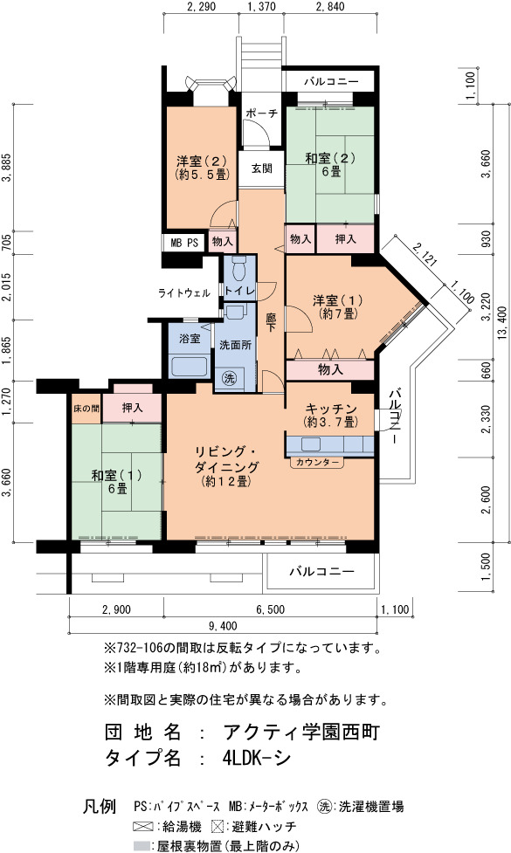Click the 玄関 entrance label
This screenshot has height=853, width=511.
(262, 169)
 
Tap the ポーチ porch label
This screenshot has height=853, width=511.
(262, 114)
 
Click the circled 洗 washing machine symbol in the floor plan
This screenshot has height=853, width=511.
(230, 378)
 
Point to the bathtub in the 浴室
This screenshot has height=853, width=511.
(189, 366)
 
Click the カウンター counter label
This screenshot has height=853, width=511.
(317, 463)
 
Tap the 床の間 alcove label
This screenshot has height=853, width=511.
(86, 408)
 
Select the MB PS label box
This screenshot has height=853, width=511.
(184, 243)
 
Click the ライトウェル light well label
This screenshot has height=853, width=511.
(184, 293)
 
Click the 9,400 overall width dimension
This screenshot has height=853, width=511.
(224, 626)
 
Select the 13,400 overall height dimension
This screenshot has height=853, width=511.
(502, 325)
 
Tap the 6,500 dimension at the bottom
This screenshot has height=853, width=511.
(271, 609)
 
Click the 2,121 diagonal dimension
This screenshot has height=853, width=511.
(425, 253)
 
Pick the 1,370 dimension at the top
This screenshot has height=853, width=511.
(261, 6)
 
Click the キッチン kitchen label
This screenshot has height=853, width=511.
(331, 409)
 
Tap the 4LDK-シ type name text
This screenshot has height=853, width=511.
(256, 757)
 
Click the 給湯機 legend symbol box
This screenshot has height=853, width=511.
(143, 827)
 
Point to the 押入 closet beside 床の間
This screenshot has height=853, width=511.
(132, 408)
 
